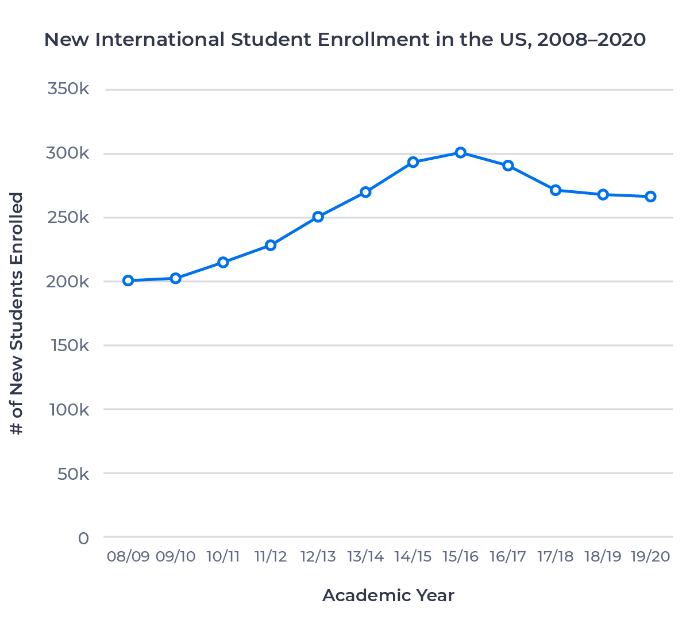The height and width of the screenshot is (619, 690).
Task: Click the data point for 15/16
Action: point(460,153)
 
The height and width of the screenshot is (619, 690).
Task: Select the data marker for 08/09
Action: point(128,280)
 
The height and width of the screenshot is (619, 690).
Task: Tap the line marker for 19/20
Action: point(650,197)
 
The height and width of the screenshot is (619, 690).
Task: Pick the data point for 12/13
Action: point(318,217)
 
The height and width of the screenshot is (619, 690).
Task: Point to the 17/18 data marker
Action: point(556,190)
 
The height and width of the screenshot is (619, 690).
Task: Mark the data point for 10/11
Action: point(223,263)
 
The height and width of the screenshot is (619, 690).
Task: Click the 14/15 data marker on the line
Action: point(413,162)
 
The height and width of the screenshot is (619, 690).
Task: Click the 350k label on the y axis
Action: point(68,90)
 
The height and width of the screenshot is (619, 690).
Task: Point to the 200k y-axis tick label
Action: point(68,282)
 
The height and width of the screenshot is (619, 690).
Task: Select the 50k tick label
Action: point(73,474)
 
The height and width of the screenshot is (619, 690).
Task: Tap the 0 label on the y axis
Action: point(84,538)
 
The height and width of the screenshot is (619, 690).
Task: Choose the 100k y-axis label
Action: point(70,410)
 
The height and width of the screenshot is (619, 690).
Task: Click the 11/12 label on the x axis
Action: point(271,556)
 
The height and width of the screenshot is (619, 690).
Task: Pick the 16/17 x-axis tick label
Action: point(508,556)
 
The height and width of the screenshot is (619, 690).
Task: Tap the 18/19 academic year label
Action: point(603,556)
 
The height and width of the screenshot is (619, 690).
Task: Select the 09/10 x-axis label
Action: point(176,556)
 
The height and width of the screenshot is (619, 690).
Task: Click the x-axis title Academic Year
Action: point(388,595)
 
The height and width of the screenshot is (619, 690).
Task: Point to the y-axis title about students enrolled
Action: point(18,313)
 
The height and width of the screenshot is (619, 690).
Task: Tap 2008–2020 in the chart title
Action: point(591,40)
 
